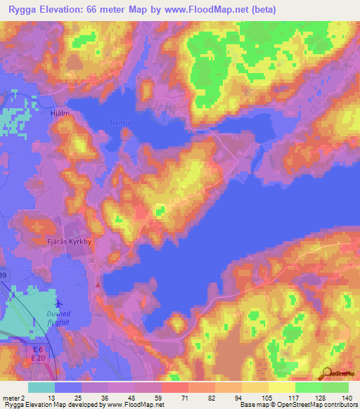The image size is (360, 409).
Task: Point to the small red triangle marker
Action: click(x=97, y=285)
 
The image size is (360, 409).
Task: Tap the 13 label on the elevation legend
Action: click(x=52, y=398)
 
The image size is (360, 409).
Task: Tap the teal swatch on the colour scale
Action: click(x=41, y=387)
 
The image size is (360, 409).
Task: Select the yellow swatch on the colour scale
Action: click(x=281, y=387)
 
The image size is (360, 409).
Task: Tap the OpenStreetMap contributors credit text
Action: click(x=312, y=405)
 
